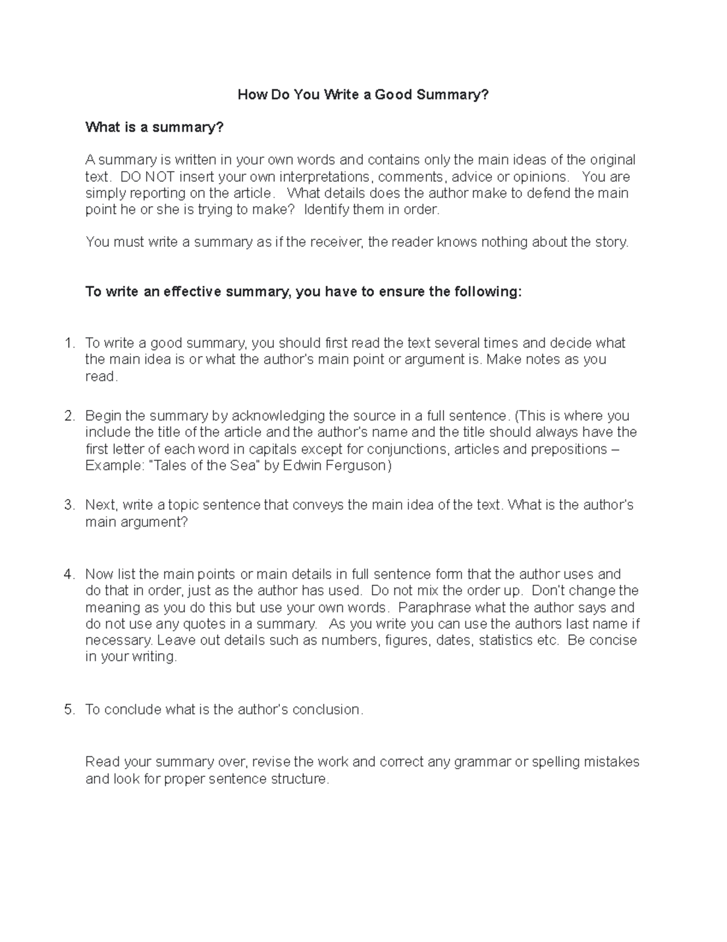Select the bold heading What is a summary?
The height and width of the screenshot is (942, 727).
coord(154,127)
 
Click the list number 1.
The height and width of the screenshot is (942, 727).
coord(68,343)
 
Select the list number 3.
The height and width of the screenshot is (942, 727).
coord(68,505)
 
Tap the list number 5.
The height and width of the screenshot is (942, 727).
coord(68,710)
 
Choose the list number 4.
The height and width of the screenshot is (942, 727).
coord(68,574)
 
